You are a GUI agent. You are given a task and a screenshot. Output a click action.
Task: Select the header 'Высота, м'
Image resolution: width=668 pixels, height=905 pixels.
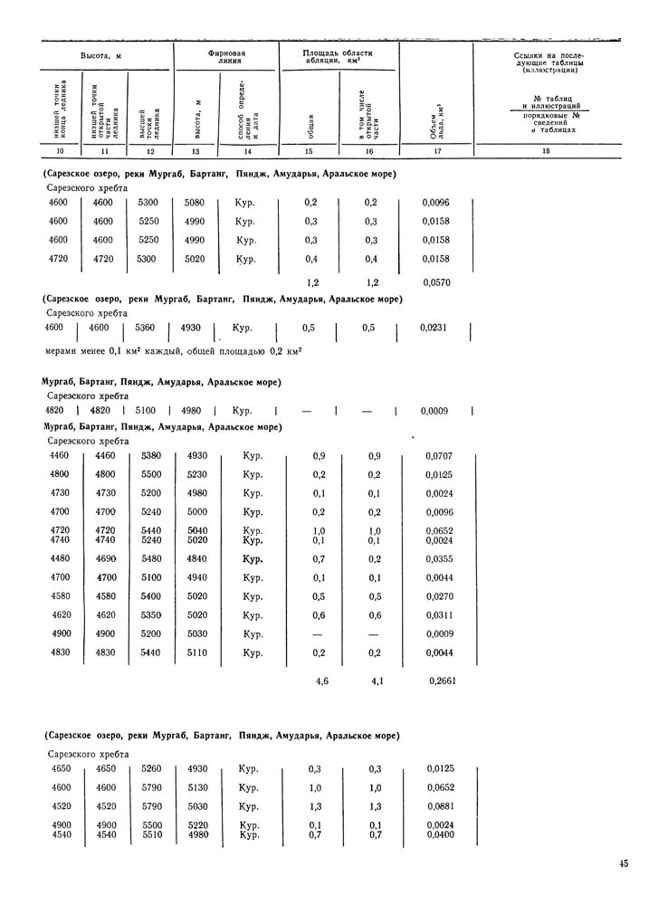click(100, 55)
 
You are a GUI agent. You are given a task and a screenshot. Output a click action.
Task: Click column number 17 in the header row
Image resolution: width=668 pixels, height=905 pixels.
click(437, 151)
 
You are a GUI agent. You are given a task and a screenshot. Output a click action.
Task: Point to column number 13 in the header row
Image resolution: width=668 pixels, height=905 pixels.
click(195, 151)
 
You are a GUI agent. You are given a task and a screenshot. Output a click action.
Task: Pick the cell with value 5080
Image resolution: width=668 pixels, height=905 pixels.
click(195, 203)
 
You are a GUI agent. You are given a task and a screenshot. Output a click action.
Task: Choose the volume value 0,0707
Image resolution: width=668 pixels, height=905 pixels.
click(440, 455)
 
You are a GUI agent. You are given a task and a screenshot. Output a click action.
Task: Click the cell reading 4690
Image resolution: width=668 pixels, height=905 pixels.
click(107, 559)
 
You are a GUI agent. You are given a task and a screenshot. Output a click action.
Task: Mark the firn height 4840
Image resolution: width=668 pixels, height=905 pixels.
click(197, 559)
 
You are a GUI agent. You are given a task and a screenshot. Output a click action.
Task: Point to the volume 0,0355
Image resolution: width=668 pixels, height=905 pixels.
click(440, 559)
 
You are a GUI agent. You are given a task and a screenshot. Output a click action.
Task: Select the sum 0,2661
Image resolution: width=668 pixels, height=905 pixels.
click(440, 682)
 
